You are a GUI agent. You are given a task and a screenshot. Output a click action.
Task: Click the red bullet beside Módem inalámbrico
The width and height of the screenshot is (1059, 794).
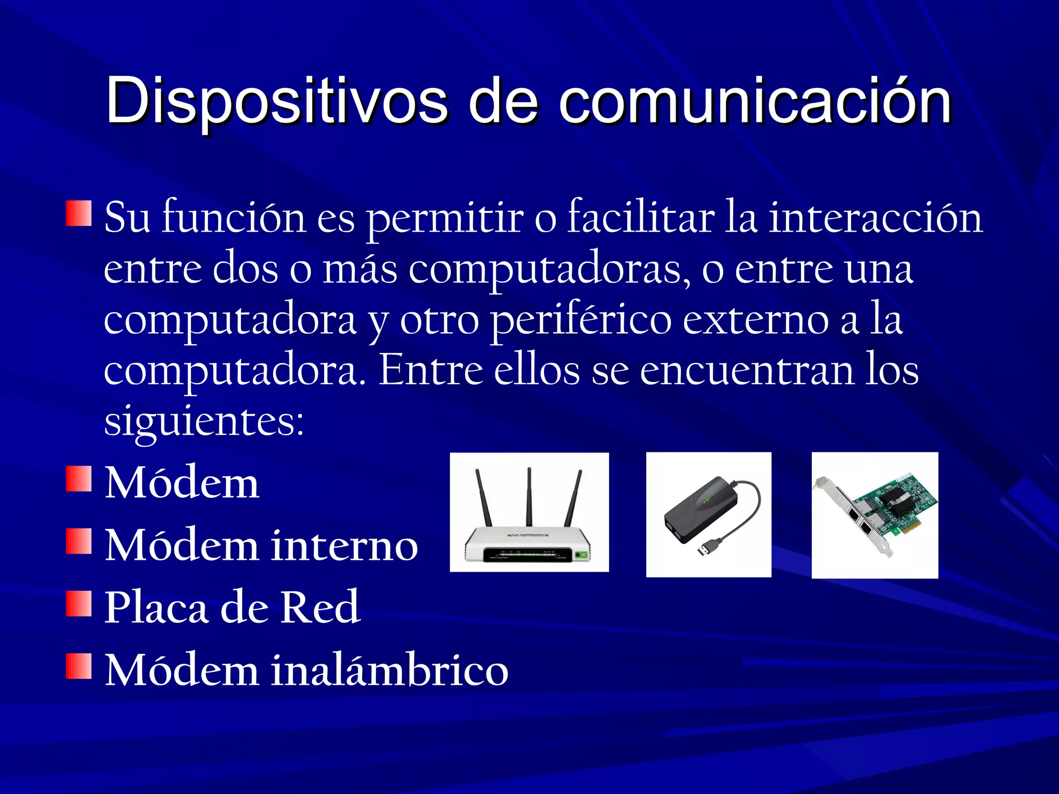[x=79, y=666]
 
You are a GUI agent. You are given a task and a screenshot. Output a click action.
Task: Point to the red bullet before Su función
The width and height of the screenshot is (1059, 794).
[x=79, y=213]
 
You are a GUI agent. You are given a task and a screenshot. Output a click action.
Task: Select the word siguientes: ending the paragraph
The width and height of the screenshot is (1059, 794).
[x=204, y=421]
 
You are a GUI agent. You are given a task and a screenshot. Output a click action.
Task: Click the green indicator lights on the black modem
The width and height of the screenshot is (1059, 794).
[x=705, y=500]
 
